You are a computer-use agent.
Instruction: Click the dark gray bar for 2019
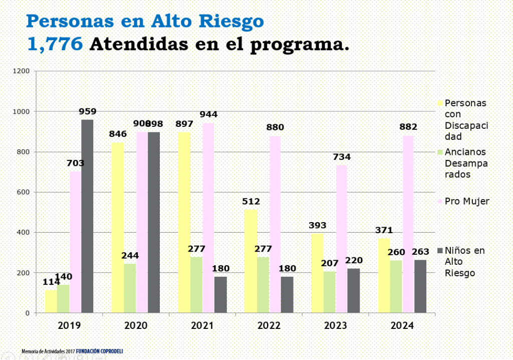(x=87, y=216)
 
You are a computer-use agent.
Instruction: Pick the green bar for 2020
(x=130, y=288)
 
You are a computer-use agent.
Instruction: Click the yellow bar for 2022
(x=250, y=261)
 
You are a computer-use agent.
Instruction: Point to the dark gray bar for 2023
(x=354, y=291)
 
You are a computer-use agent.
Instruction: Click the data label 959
(x=87, y=112)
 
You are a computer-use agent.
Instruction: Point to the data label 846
(x=118, y=134)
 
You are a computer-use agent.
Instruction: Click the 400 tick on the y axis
(x=23, y=233)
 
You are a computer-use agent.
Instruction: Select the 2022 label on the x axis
(x=269, y=325)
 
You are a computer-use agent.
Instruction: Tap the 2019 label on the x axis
(x=69, y=325)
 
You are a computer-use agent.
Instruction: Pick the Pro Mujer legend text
(x=467, y=202)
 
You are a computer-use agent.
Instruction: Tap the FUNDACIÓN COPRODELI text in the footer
(x=99, y=351)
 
